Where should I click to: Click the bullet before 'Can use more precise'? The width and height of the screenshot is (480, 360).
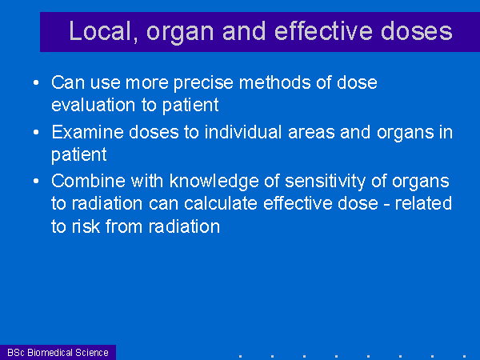[x=36, y=82]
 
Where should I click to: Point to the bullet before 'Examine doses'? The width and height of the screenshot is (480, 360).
[x=36, y=132]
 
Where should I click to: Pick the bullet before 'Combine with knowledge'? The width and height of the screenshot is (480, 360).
[x=36, y=181]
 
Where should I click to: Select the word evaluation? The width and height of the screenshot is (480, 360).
[x=94, y=105]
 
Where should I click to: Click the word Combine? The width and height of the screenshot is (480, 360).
[x=89, y=181]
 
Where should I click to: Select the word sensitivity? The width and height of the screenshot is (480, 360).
[x=325, y=182]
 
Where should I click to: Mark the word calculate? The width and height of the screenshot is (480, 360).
[x=221, y=203]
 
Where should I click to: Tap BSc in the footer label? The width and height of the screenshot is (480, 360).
[x=16, y=353]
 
